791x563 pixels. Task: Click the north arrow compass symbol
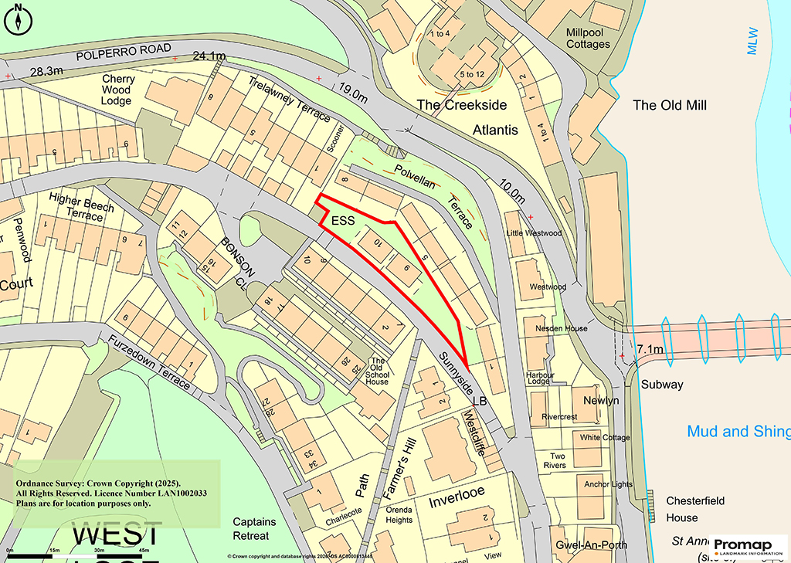point(18,19)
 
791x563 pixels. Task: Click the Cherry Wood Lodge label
point(117,90)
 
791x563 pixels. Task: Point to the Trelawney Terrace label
point(289,99)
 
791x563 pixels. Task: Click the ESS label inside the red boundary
point(343,221)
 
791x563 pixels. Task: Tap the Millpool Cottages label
point(588,39)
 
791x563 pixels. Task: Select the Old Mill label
point(669,105)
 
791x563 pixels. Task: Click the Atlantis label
point(495,130)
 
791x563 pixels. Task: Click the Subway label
point(662,384)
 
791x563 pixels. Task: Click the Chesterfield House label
point(695,509)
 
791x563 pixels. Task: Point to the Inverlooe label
point(460,503)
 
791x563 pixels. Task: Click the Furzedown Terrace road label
point(148,361)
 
